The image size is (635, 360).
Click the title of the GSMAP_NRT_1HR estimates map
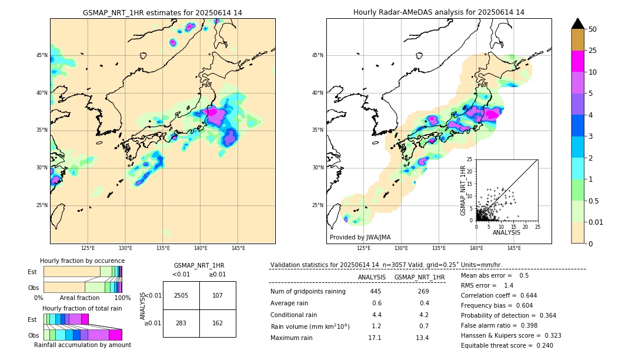(x=162, y=12)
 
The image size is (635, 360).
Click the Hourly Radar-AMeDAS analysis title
(x=439, y=12)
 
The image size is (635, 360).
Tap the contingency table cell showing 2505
(x=181, y=295)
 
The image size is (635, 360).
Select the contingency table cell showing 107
(x=218, y=295)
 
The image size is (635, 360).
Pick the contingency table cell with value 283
(x=181, y=323)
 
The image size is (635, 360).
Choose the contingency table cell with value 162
(x=218, y=323)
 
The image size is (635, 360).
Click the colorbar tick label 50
(x=593, y=29)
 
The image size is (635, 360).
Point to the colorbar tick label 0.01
(x=596, y=222)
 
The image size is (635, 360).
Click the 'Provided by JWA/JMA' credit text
(x=360, y=237)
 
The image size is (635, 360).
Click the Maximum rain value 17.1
(x=375, y=338)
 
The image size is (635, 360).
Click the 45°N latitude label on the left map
(x=42, y=55)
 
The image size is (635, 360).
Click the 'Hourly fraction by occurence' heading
(x=82, y=261)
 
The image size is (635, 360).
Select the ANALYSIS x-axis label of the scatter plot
(x=506, y=232)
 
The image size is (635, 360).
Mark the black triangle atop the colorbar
(x=578, y=24)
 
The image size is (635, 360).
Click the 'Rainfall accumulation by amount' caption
(x=82, y=345)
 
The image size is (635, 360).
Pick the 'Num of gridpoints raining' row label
(x=308, y=292)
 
